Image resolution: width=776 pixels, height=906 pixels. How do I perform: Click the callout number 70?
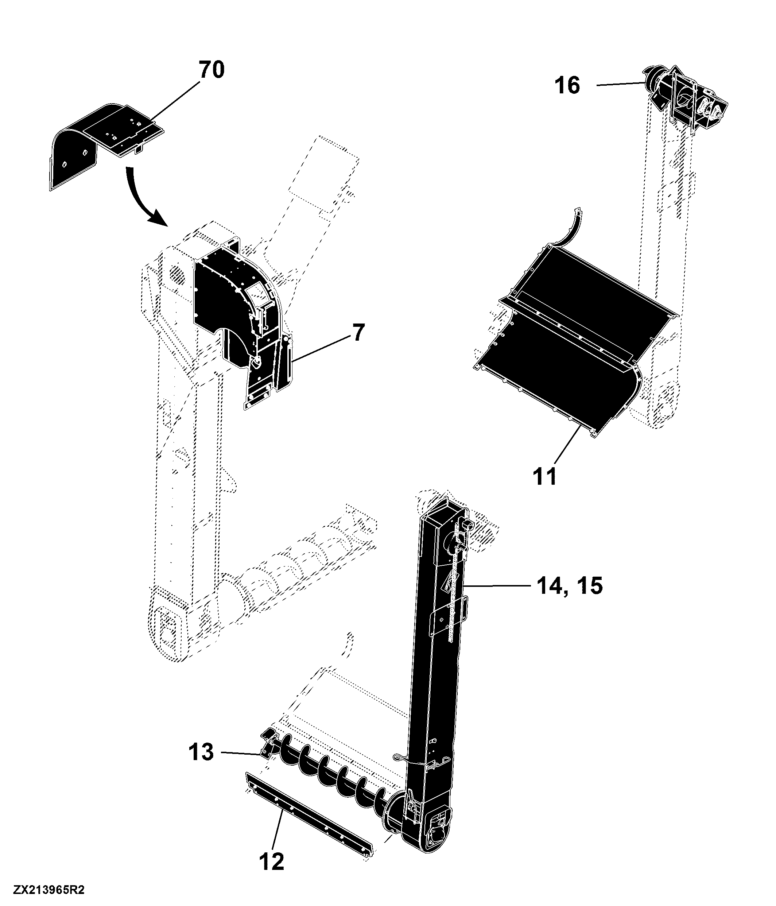pyautogui.click(x=212, y=70)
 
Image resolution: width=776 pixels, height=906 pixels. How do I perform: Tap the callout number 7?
pyautogui.click(x=358, y=333)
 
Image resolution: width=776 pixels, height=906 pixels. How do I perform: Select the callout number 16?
pyautogui.click(x=567, y=85)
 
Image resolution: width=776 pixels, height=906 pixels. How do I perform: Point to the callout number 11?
pyautogui.click(x=545, y=476)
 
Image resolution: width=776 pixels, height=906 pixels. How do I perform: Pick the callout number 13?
pyautogui.click(x=201, y=752)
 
